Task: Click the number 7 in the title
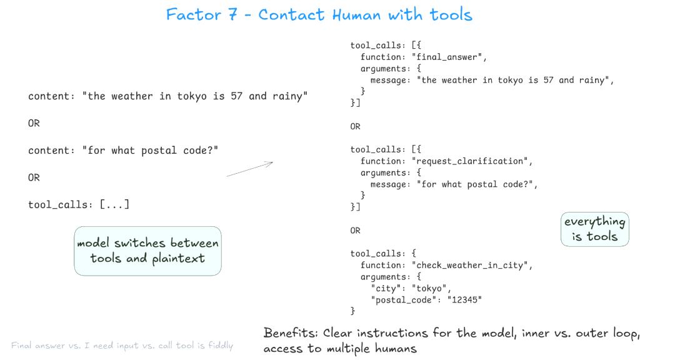[x=233, y=14]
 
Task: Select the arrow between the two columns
[x=250, y=169]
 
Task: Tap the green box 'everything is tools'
[x=594, y=229]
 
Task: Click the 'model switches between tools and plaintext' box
[x=147, y=251]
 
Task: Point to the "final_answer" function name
[x=451, y=57]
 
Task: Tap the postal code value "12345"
[x=464, y=299]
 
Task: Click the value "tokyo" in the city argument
[x=429, y=288]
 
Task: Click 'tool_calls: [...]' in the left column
[x=79, y=204]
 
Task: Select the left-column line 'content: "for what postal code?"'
[x=123, y=150]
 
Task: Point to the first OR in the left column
[x=34, y=123]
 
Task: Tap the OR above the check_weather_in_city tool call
[x=356, y=230]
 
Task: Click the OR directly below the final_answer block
[x=356, y=126]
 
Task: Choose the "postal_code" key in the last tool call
[x=400, y=299]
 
